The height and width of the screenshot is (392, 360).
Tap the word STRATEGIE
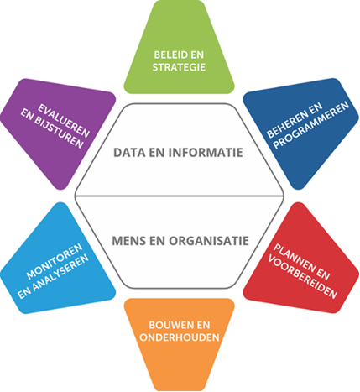[x=179, y=67]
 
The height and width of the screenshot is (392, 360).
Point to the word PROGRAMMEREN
[x=311, y=124]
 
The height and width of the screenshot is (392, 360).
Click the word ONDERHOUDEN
[x=180, y=337]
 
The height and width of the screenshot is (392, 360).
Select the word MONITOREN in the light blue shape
[x=55, y=261]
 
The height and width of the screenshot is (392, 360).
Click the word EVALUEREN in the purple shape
[x=64, y=121]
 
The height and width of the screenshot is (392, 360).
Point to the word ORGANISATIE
[x=209, y=241]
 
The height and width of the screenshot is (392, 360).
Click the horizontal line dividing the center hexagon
[x=180, y=196]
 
